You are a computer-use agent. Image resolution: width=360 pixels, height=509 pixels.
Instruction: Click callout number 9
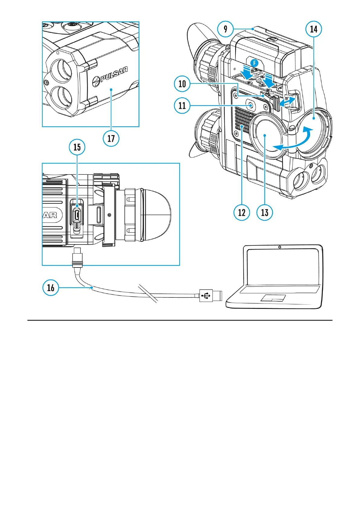pyautogui.click(x=225, y=29)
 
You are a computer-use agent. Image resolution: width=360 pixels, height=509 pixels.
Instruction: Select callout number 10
pyautogui.click(x=182, y=84)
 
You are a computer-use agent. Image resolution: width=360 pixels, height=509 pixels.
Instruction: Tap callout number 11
pyautogui.click(x=182, y=105)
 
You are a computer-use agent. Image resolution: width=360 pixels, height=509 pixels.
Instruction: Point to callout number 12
pyautogui.click(x=242, y=212)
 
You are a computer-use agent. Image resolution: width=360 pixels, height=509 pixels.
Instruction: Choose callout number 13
pyautogui.click(x=264, y=212)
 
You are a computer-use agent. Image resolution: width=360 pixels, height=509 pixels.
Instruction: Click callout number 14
pyautogui.click(x=314, y=29)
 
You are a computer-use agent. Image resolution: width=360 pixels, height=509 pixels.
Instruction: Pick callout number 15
pyautogui.click(x=77, y=147)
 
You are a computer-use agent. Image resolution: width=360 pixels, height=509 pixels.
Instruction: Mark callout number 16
pyautogui.click(x=51, y=287)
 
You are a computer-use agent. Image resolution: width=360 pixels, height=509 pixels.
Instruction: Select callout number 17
pyautogui.click(x=111, y=138)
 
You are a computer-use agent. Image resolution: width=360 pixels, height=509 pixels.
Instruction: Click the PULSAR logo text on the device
pyautogui.click(x=113, y=75)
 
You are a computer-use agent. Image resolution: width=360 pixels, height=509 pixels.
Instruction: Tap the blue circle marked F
pyautogui.click(x=255, y=63)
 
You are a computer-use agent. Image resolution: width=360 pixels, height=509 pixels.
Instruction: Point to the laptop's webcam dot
pyautogui.click(x=280, y=247)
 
